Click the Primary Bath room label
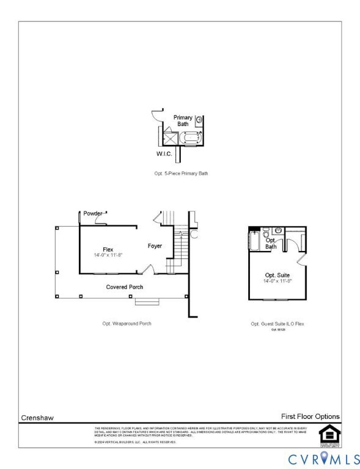tap(183, 120)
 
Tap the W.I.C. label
tap(164, 153)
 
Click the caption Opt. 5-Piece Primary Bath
tap(181, 173)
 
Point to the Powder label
tap(93, 213)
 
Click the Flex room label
tap(108, 249)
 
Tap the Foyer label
tap(155, 246)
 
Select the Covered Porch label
tap(125, 287)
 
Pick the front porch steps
tap(147, 301)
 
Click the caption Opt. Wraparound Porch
tap(127, 324)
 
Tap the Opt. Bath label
tap(271, 243)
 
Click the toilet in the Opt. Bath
tap(266, 235)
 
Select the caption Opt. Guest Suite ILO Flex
tap(277, 324)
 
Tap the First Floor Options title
tap(310, 416)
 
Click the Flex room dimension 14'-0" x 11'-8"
tap(108, 255)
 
